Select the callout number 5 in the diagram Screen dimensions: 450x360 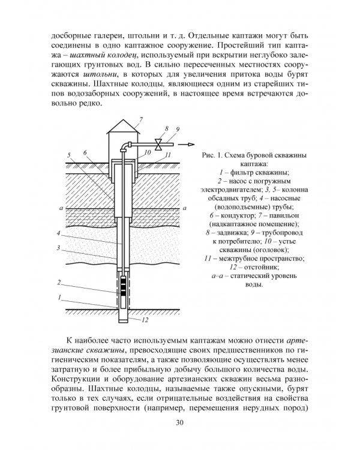[x=70, y=155]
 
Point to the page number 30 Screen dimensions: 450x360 [x=179, y=425]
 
